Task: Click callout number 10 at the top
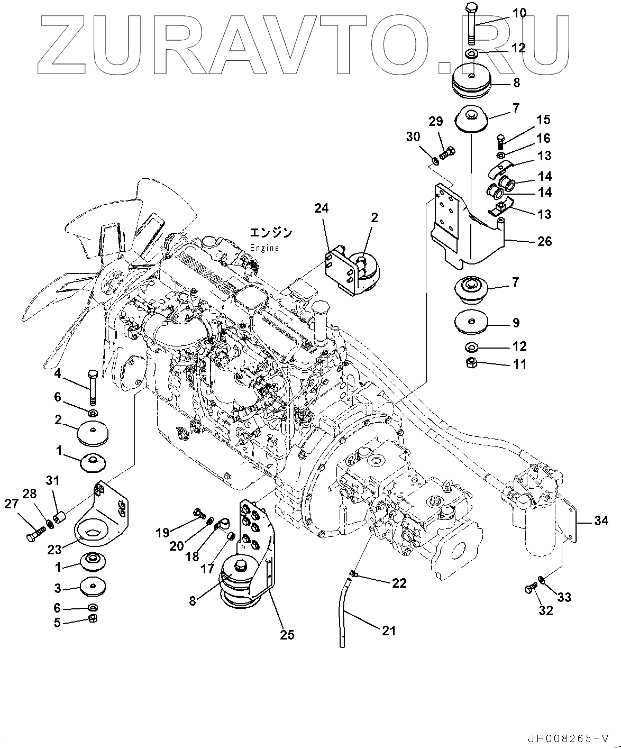519,13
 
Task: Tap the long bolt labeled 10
472,24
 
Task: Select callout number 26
544,242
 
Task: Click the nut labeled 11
472,363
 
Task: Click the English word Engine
264,248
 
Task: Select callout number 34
601,521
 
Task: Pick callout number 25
287,634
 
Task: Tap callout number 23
54,549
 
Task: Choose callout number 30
413,137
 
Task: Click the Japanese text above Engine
270,233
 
